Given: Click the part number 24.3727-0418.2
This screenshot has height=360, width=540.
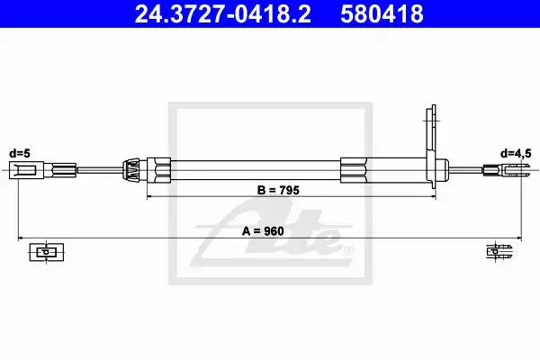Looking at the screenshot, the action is coord(223,13).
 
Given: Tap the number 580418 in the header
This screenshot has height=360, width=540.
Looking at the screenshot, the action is coord(382,13).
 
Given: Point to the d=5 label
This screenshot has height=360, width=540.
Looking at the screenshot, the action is coord(20,153).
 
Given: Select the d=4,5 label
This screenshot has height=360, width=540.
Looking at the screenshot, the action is coord(516,154).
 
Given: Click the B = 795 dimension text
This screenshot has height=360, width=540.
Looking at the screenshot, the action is coord(278,190).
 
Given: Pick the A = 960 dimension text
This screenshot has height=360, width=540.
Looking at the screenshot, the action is coord(263,231).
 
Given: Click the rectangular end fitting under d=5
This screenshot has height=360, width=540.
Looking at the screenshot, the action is coord(26,170).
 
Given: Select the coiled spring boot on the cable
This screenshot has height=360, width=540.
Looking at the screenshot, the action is coord(130,169).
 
